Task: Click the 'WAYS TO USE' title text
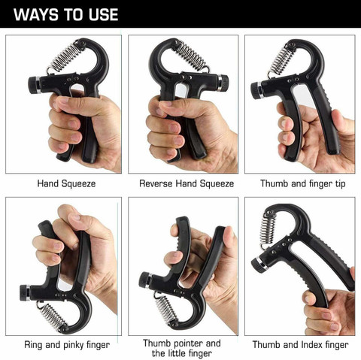66,14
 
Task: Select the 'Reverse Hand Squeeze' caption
186,183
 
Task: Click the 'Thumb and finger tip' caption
303,183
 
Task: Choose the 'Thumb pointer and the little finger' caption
181,348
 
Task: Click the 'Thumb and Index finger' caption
300,345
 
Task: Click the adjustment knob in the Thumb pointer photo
144,280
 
